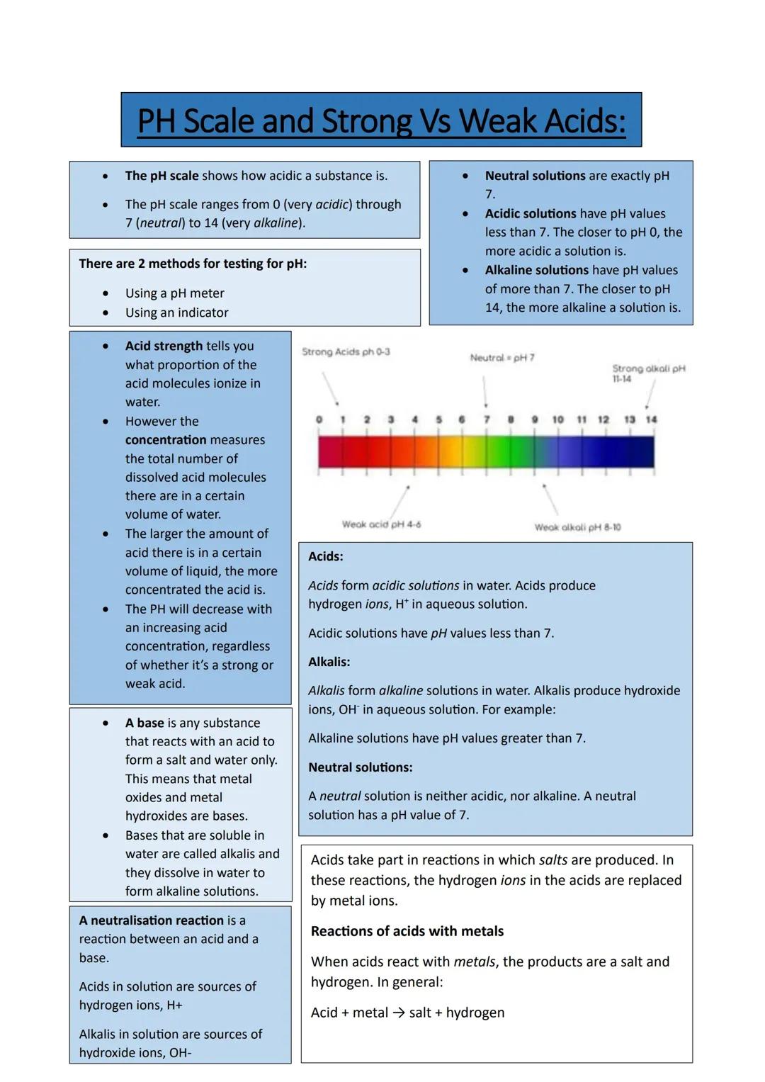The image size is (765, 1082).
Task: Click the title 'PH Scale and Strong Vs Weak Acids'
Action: pyautogui.click(x=381, y=120)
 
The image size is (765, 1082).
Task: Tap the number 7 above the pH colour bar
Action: pyautogui.click(x=487, y=419)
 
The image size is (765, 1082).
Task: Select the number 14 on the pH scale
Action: pyautogui.click(x=651, y=419)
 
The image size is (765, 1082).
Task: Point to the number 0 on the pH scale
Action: pyautogui.click(x=319, y=419)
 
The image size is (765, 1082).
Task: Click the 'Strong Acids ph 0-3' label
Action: pyautogui.click(x=346, y=352)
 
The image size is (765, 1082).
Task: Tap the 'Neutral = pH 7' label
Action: pyautogui.click(x=502, y=358)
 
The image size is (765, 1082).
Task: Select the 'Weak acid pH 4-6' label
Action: pyautogui.click(x=381, y=524)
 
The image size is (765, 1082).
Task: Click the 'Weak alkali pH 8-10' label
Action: pyautogui.click(x=577, y=527)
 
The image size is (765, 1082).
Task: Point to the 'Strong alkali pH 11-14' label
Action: pyautogui.click(x=647, y=373)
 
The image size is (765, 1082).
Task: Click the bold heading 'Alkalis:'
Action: pyautogui.click(x=329, y=662)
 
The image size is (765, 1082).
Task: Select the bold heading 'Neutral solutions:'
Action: pyautogui.click(x=360, y=767)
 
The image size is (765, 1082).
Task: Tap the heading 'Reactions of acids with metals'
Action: pyautogui.click(x=407, y=931)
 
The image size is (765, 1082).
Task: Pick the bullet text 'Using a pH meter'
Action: pyautogui.click(x=174, y=293)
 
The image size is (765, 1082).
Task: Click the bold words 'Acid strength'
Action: pyautogui.click(x=164, y=346)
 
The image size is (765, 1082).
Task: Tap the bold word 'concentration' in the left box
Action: pyautogui.click(x=165, y=439)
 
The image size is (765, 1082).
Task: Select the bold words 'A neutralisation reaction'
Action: pyautogui.click(x=151, y=920)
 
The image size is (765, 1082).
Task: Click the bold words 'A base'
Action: pyautogui.click(x=144, y=723)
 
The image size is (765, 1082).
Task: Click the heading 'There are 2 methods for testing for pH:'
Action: pyautogui.click(x=193, y=264)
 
